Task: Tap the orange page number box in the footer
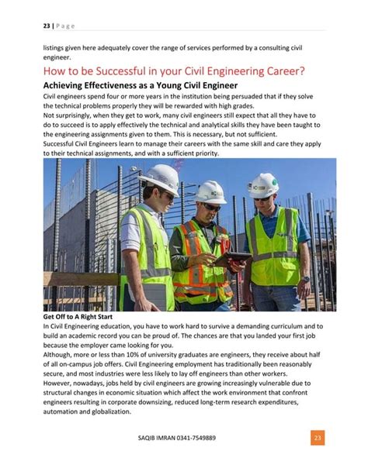(316, 438)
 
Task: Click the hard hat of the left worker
(158, 177)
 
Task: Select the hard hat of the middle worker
(210, 191)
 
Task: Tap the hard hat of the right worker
(264, 184)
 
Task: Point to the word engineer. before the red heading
(59, 56)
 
